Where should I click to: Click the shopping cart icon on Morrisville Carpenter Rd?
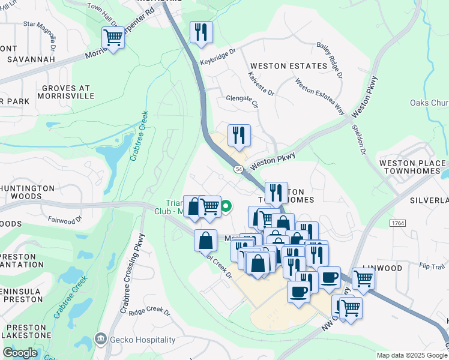coord(113,38)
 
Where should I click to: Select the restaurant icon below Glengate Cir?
coord(239,136)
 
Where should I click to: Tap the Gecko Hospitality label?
coord(137,338)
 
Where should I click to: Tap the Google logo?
coord(20,353)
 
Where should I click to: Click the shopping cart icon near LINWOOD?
coord(363,278)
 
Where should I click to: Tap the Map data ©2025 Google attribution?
coord(411,355)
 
